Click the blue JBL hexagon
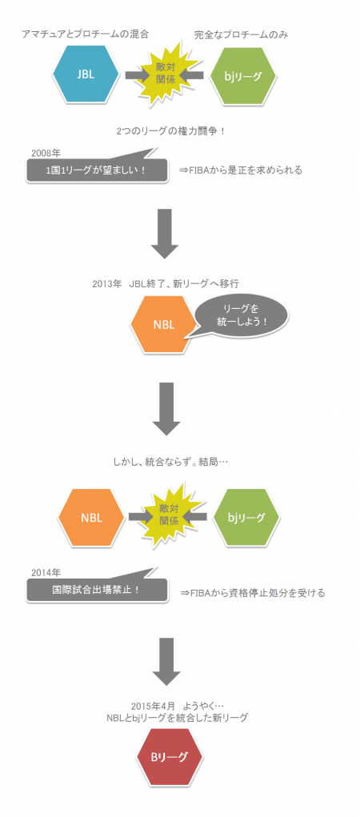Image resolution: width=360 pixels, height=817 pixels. pyautogui.click(x=86, y=74)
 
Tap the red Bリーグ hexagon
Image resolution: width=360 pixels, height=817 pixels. pyautogui.click(x=168, y=757)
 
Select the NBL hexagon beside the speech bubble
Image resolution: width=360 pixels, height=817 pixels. pyautogui.click(x=164, y=325)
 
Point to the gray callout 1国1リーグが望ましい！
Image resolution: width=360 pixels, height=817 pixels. pyautogui.click(x=98, y=170)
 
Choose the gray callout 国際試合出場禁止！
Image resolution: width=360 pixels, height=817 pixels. pyautogui.click(x=98, y=590)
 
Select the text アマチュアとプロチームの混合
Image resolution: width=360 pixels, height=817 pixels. pyautogui.click(x=86, y=34)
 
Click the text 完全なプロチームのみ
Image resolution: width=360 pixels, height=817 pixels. pyautogui.click(x=242, y=34)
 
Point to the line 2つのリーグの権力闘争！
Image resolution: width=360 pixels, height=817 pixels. pyautogui.click(x=171, y=130)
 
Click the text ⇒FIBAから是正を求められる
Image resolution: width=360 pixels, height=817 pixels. pyautogui.click(x=241, y=170)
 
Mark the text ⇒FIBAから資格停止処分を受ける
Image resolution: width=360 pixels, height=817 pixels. pyautogui.click(x=253, y=592)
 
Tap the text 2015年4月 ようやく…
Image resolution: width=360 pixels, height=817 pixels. pyautogui.click(x=177, y=706)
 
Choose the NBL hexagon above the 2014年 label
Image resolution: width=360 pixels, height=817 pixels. pyautogui.click(x=92, y=518)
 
